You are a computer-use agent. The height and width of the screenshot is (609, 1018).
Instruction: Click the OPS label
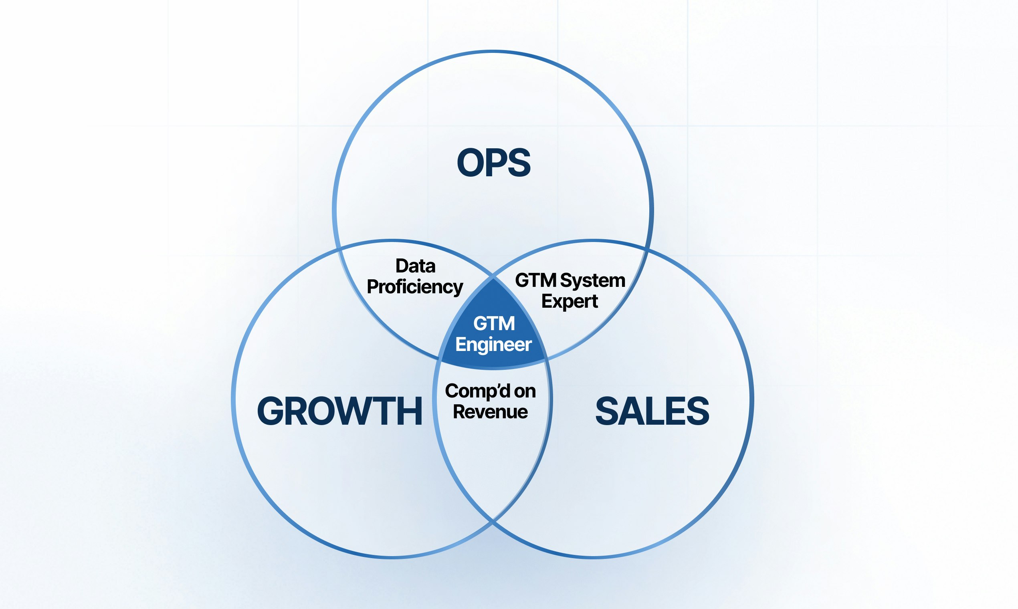[493, 163]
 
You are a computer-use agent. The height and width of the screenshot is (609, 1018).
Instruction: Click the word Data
[415, 266]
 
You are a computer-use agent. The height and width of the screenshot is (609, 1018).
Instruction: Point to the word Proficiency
[414, 287]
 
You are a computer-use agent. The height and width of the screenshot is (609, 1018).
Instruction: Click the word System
[592, 281]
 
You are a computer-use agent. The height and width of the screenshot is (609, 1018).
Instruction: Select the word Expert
[570, 301]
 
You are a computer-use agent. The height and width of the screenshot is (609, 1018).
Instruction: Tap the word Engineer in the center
[493, 344]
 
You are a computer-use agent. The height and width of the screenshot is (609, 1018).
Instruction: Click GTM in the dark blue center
[494, 323]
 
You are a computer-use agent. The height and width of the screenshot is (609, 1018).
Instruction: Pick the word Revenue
[490, 411]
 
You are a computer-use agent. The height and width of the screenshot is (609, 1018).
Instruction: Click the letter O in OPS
[471, 163]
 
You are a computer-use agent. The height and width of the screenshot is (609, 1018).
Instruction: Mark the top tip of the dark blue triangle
[493, 278]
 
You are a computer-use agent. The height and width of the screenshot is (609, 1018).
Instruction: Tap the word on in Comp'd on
[525, 391]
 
